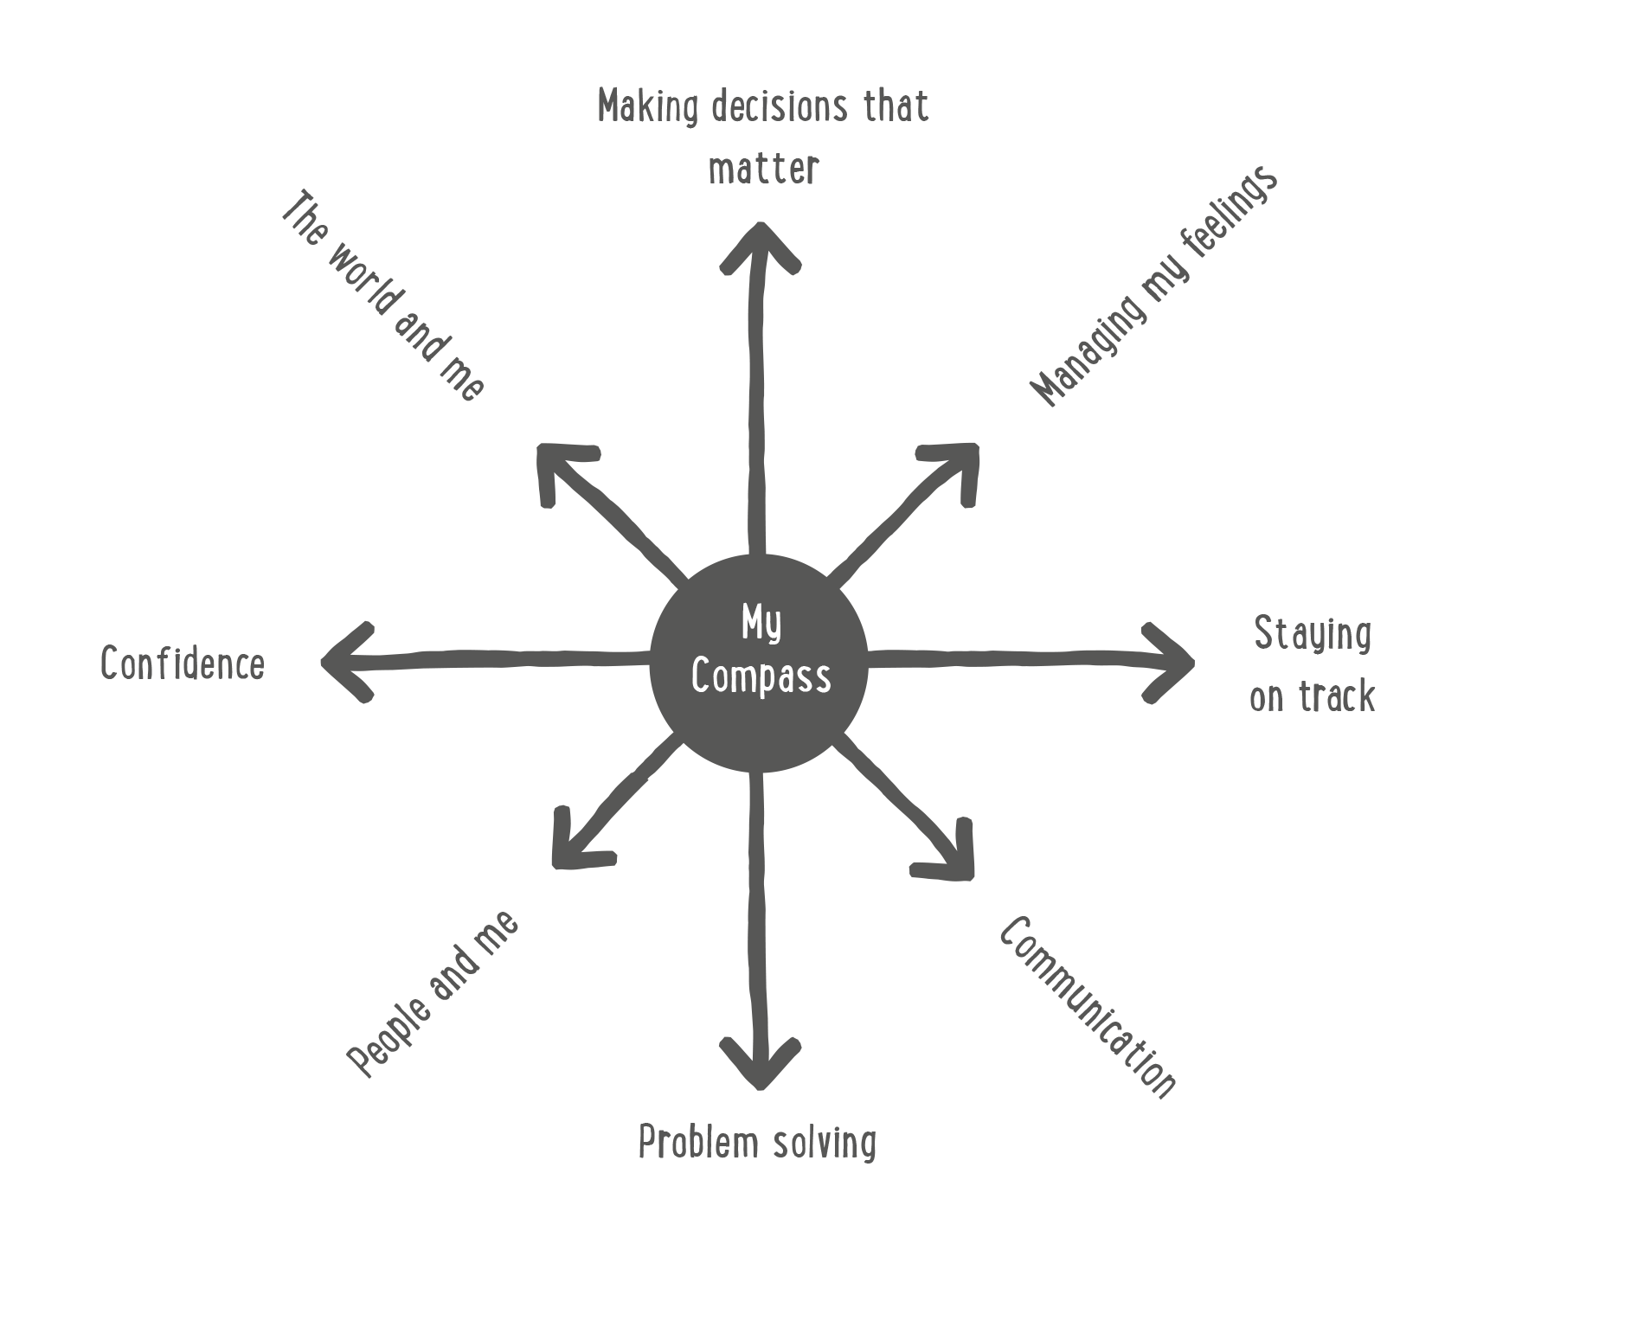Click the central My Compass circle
coord(758,662)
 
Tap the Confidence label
coord(183,664)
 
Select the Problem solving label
coord(757,1143)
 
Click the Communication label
coord(1088,1008)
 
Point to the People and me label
coord(433,994)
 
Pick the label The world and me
coord(382,297)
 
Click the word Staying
coord(1313,634)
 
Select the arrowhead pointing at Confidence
coord(342,663)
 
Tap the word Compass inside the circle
coord(761,677)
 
